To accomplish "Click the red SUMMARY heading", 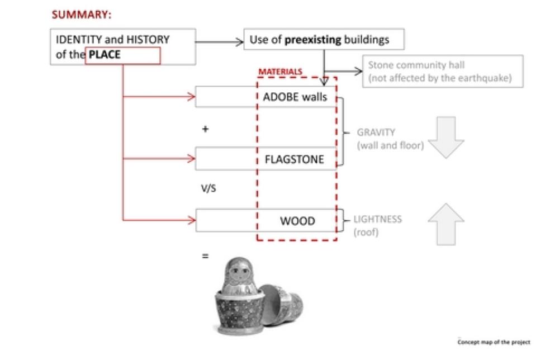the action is [82, 15].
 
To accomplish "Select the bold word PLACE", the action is [105, 55].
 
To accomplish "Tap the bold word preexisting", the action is [312, 40].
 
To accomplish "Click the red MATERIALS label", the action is [280, 72].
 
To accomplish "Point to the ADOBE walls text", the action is [295, 97].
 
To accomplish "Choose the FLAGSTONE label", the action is [295, 159].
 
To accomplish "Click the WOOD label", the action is [298, 221].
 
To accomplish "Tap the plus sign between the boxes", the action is [205, 129].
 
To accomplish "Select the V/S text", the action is [209, 188].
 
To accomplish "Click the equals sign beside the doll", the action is [205, 256].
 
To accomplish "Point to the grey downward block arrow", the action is [446, 137].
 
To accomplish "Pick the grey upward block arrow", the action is [446, 224].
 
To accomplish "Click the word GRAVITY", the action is [376, 132].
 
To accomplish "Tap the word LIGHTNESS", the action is [377, 219].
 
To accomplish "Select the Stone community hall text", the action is [416, 65].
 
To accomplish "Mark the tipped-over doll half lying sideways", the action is [282, 305].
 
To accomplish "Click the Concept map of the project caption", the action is [494, 342].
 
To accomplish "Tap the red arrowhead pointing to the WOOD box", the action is [192, 220].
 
